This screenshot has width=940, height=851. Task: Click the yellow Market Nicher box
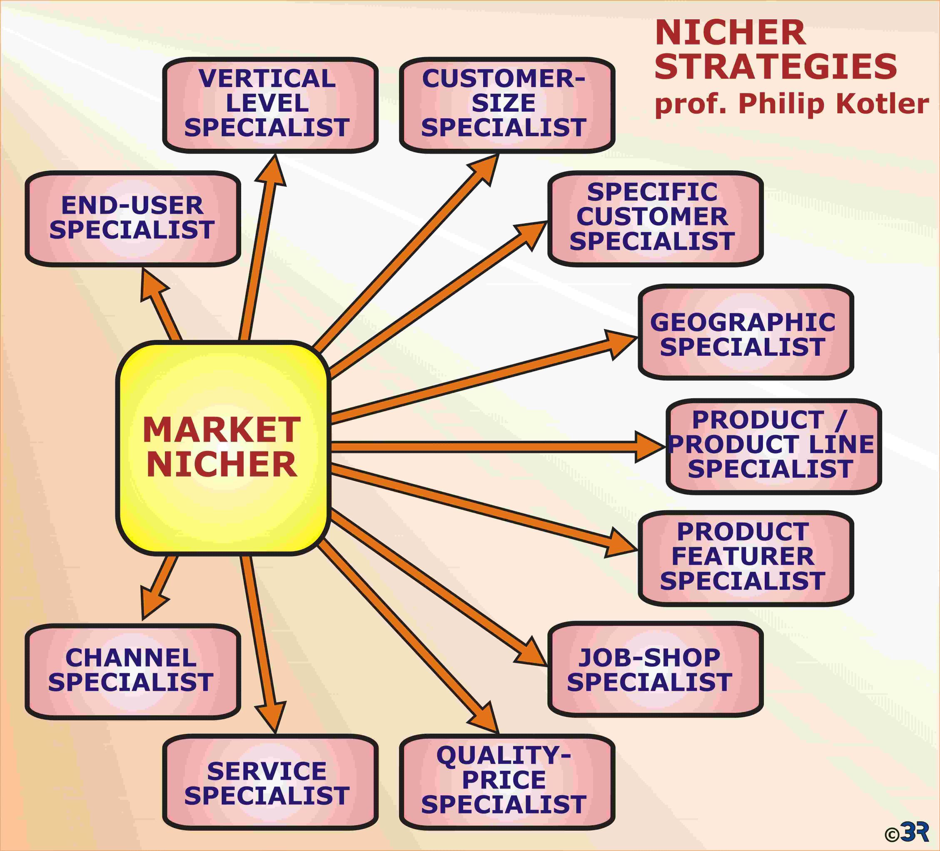[223, 448]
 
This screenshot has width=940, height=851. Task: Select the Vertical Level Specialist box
[270, 105]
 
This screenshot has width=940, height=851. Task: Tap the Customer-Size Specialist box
[507, 105]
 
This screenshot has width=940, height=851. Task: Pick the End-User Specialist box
[133, 219]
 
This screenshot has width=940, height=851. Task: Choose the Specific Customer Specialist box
[656, 219]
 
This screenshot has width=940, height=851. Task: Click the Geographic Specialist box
[746, 332]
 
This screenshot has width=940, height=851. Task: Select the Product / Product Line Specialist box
[774, 446]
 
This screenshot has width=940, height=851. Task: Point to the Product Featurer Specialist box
[746, 559]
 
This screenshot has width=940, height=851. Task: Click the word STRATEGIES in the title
[775, 66]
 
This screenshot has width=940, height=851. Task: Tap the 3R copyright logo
[907, 831]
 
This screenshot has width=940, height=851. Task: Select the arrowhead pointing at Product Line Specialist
[650, 447]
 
